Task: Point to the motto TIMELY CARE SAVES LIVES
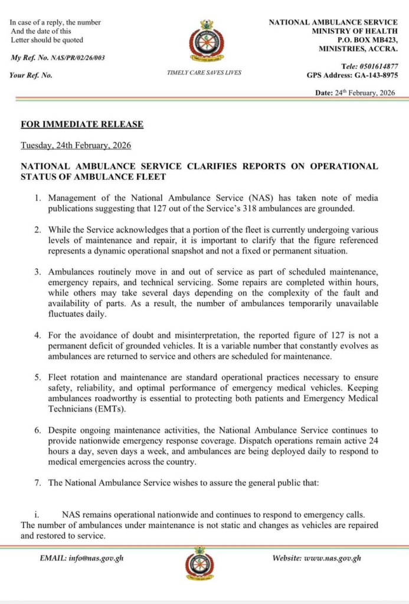(204, 73)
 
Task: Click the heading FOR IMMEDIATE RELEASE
(82, 124)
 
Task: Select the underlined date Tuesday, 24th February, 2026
(76, 145)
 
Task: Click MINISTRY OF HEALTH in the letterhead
(355, 31)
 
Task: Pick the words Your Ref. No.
(31, 75)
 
